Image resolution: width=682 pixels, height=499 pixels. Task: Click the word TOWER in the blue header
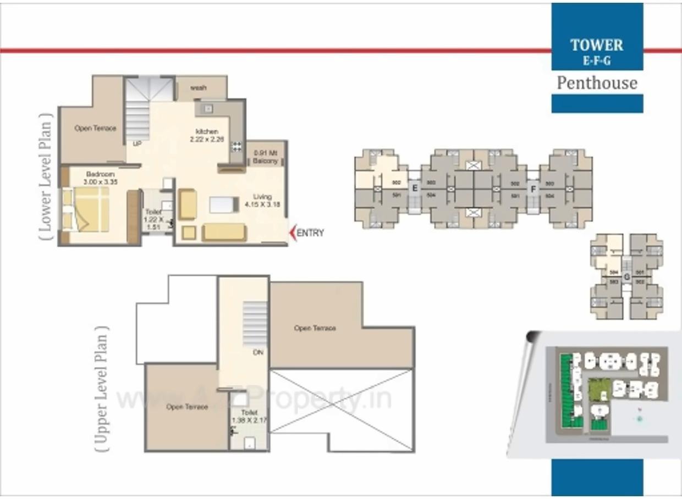(597, 45)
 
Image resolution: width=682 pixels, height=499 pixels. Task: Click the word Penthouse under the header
(597, 83)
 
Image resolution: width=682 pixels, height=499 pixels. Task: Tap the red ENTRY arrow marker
(293, 232)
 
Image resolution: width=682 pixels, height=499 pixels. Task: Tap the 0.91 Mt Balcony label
(266, 158)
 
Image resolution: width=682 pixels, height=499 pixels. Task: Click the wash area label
(199, 88)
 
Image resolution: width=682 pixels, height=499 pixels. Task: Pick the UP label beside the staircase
(136, 143)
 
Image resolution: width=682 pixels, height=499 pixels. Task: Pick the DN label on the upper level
(258, 352)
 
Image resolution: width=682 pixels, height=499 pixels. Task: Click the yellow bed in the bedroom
(91, 209)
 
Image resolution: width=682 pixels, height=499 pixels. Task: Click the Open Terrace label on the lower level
(95, 128)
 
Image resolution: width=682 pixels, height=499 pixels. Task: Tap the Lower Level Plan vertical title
(46, 176)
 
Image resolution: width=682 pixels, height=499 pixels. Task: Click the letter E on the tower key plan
(415, 188)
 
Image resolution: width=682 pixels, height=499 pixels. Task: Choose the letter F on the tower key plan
(532, 190)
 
